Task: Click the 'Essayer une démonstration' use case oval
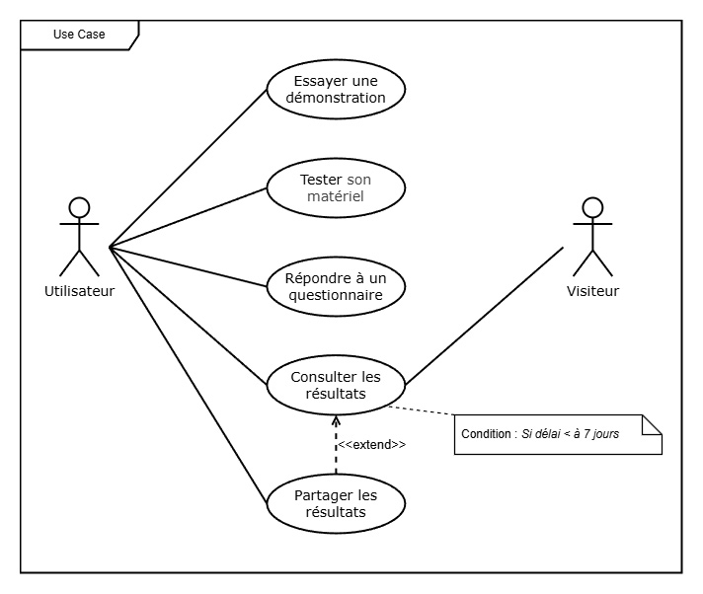point(336,89)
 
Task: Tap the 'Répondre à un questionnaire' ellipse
point(336,285)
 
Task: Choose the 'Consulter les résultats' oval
point(336,385)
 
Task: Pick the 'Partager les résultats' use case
point(336,503)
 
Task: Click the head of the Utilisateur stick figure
point(79,207)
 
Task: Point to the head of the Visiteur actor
point(592,207)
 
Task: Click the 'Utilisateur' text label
point(79,291)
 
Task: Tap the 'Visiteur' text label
point(592,291)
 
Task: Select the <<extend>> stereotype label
point(372,445)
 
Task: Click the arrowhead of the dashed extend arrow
point(336,421)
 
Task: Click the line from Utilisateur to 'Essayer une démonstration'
point(188,168)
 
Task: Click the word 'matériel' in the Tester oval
point(336,196)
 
